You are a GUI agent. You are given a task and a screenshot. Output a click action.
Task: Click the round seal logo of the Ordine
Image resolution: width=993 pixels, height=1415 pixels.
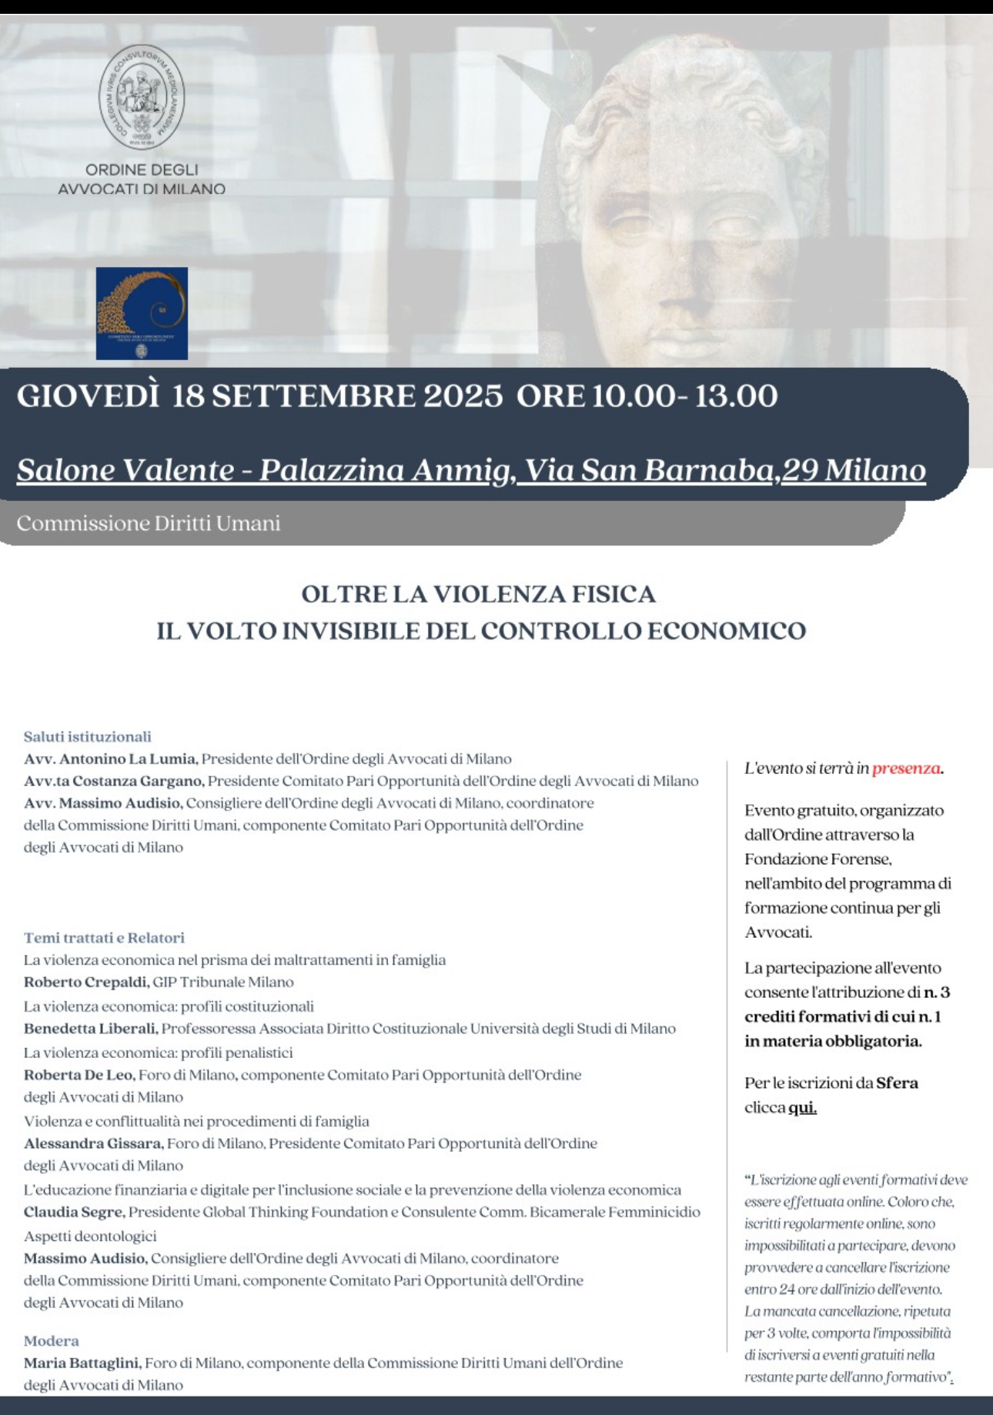(142, 97)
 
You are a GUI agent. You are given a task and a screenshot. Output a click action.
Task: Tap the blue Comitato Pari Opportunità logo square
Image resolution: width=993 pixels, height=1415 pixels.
(142, 313)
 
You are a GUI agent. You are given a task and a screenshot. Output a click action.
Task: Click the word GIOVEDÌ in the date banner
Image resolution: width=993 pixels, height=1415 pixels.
(88, 396)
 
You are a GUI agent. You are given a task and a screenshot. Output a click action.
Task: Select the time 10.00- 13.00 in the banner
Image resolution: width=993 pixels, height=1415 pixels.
(684, 396)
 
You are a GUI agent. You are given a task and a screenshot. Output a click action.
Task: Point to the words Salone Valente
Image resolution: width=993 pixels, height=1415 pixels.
(125, 470)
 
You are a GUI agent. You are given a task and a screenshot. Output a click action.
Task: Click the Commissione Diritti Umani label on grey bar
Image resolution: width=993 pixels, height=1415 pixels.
(149, 523)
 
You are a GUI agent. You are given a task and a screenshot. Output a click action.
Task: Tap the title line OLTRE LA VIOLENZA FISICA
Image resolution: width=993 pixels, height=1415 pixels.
(478, 594)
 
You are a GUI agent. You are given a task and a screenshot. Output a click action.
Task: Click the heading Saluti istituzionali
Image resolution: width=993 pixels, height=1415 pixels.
(87, 736)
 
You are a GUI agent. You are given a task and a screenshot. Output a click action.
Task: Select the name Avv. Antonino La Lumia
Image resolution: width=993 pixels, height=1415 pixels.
(111, 759)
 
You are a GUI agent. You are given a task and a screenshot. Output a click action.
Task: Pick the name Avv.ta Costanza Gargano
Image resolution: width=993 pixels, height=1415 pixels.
(114, 781)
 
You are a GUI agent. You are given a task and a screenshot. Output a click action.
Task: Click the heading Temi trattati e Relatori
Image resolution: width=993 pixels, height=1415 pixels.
(104, 938)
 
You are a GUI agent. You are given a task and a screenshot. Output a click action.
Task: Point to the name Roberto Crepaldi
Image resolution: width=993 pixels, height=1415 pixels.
(86, 983)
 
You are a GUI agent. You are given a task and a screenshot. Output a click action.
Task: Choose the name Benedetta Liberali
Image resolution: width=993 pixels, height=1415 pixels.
(91, 1029)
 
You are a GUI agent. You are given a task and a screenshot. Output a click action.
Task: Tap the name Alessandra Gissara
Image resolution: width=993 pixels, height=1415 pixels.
(93, 1143)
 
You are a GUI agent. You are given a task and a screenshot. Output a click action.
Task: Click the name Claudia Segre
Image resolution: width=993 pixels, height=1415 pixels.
(74, 1212)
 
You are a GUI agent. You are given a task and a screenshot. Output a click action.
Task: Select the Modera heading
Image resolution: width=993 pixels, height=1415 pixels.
(51, 1340)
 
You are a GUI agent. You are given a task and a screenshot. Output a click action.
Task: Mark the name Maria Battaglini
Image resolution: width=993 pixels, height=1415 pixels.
(82, 1363)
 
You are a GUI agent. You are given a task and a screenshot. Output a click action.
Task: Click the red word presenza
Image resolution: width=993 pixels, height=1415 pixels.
(906, 768)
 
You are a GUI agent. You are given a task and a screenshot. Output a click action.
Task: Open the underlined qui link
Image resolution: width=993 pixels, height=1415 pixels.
(802, 1108)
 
